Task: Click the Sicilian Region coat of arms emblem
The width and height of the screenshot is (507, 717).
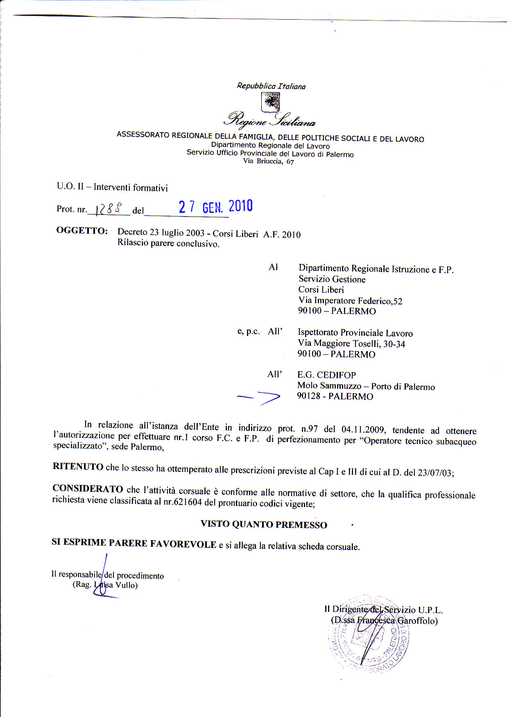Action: point(271,102)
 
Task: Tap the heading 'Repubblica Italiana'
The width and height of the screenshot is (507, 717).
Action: point(271,86)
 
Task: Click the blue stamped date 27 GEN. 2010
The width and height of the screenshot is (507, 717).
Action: point(215,207)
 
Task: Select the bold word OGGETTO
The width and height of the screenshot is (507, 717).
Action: point(82,230)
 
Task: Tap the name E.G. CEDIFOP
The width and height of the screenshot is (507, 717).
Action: point(326,375)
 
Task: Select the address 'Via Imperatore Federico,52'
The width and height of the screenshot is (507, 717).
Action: point(350,301)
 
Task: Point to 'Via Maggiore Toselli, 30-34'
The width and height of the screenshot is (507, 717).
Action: point(351,344)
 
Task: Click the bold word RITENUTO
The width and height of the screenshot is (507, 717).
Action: point(78,467)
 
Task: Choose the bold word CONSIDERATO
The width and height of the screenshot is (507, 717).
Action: point(88,489)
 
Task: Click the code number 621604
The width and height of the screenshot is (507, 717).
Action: point(188,502)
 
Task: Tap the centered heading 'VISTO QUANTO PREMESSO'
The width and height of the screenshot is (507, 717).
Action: point(264,525)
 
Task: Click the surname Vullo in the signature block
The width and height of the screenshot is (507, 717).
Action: point(126,585)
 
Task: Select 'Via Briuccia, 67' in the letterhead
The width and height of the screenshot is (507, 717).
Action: point(268,161)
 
